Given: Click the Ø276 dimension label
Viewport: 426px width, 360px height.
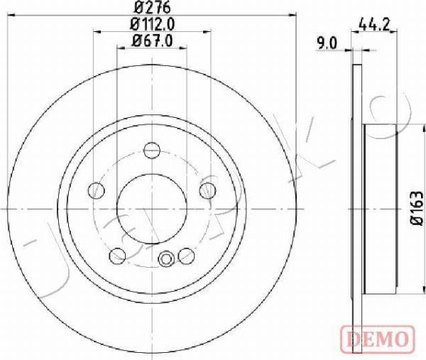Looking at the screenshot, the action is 152,7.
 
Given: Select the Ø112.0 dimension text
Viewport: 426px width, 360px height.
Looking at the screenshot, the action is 152,24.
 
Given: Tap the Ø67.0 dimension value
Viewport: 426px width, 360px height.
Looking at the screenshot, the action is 152,41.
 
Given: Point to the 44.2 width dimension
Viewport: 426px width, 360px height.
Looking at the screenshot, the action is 374,25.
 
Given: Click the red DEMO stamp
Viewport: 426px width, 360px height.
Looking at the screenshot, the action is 377,338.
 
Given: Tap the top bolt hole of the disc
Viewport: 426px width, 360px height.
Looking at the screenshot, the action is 152,150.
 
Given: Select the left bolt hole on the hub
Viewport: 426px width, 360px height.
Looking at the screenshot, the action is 97,190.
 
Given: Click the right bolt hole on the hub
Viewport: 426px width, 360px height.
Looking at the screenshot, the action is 207,190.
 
